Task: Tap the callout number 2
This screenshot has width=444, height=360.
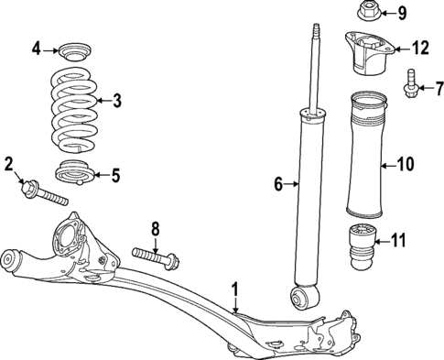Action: [x=8, y=165]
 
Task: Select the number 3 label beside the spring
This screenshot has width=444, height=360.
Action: [x=116, y=101]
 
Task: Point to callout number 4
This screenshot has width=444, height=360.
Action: [x=37, y=48]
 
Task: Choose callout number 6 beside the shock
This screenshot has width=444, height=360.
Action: [x=278, y=185]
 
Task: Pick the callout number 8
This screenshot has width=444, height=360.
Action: [x=155, y=228]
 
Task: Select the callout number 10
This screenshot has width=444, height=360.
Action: [x=404, y=165]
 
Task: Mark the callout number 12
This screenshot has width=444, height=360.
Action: [x=419, y=47]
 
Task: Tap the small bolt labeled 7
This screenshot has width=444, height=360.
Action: [x=409, y=83]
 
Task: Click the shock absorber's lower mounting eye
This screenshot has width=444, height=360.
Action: [x=300, y=297]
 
